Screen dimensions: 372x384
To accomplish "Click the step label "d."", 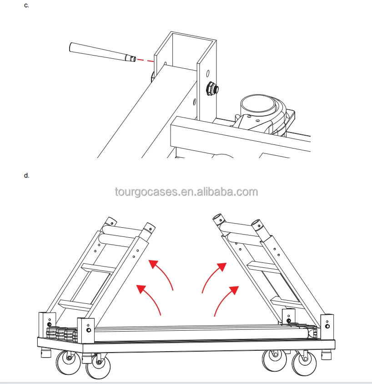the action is [27, 175].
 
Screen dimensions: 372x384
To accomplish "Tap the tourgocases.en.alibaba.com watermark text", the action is [186, 192].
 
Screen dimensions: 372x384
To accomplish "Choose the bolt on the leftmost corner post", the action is [48, 325].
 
